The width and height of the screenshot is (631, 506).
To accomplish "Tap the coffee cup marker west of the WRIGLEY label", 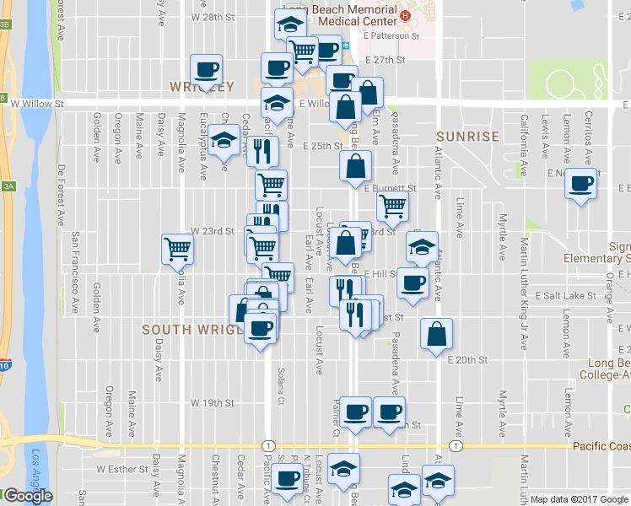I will (x=207, y=69).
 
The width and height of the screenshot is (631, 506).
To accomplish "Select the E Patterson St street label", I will (x=391, y=37).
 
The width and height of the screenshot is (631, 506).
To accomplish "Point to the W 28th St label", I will (x=212, y=17).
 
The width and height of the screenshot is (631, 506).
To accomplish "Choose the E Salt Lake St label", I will (x=569, y=296).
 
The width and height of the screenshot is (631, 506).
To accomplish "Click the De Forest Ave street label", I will (x=61, y=195).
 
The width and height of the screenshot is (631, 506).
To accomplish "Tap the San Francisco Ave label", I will (x=75, y=272).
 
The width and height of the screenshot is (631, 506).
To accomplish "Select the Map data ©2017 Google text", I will (x=579, y=499).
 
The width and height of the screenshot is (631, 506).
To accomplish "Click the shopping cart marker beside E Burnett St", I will (x=392, y=205).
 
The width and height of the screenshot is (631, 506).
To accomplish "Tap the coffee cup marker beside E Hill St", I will (x=413, y=283).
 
